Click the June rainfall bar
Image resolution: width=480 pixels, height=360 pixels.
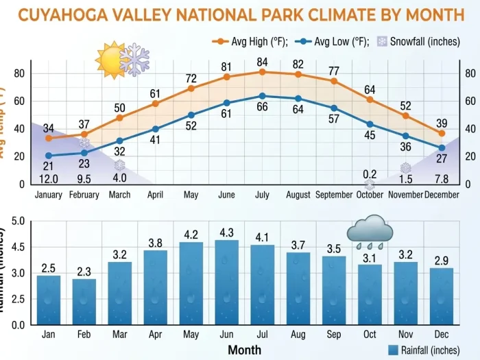click(x=227, y=282)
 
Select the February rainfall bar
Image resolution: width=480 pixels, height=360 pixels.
click(x=84, y=301)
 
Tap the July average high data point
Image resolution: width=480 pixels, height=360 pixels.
click(x=263, y=71)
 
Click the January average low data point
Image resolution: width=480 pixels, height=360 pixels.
click(x=49, y=156)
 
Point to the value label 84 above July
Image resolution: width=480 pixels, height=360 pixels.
click(x=263, y=62)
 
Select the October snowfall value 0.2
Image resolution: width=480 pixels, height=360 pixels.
click(x=370, y=174)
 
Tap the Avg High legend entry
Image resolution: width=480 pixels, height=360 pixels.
click(x=250, y=42)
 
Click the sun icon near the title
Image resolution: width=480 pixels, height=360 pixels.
click(x=110, y=61)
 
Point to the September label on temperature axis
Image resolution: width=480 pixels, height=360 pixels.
click(x=334, y=195)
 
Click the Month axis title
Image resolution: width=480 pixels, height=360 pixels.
click(x=244, y=350)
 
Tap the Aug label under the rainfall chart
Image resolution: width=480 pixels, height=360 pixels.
click(x=298, y=334)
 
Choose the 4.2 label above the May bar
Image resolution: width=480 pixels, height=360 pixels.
click(x=191, y=235)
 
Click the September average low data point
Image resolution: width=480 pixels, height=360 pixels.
click(x=334, y=108)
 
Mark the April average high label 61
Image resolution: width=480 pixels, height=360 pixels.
click(x=156, y=93)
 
